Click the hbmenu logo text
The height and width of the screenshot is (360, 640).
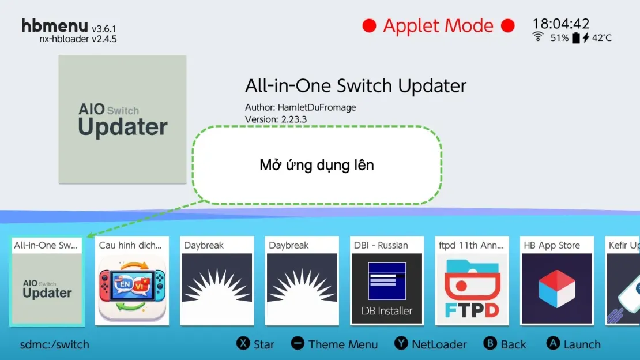coord(55,26)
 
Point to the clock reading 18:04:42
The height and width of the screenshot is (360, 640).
coord(560,24)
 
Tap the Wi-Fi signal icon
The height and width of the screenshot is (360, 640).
coord(538,37)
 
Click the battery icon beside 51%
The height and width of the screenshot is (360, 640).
coord(575,38)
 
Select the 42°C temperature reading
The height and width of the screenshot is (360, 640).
coord(601,38)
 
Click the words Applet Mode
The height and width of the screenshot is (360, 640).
coord(438,26)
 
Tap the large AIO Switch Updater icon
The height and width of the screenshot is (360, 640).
coord(122,119)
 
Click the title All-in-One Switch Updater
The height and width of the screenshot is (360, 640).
coord(355,86)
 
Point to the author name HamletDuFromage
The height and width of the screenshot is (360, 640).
coord(317,107)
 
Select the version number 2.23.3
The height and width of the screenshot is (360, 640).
coord(293,119)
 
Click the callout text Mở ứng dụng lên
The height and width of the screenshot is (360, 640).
coord(317,165)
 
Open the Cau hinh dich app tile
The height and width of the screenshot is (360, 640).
coord(132,280)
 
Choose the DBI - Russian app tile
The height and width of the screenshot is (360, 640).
coord(387,280)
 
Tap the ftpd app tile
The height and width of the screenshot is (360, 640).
coord(472,280)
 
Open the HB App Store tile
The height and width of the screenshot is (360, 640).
coord(556,280)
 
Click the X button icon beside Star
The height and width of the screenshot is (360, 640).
coord(243,343)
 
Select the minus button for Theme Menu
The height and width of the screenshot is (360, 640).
coord(298,343)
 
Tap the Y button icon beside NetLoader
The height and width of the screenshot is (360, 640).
coord(401,343)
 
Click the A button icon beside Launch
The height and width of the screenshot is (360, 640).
coord(554,343)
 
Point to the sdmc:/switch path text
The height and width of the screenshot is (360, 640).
coord(55,345)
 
